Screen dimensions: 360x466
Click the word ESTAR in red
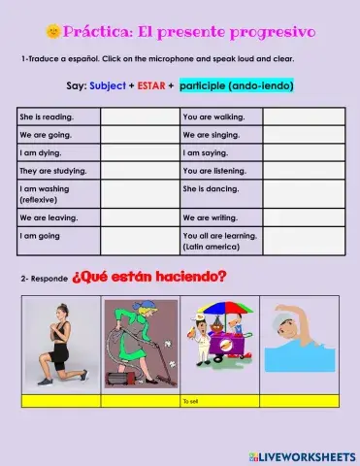(150, 86)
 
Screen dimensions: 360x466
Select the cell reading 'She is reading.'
(57, 116)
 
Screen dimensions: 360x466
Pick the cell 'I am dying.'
(57, 152)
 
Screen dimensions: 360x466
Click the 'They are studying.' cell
(57, 170)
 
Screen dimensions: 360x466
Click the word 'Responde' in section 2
(48, 280)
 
